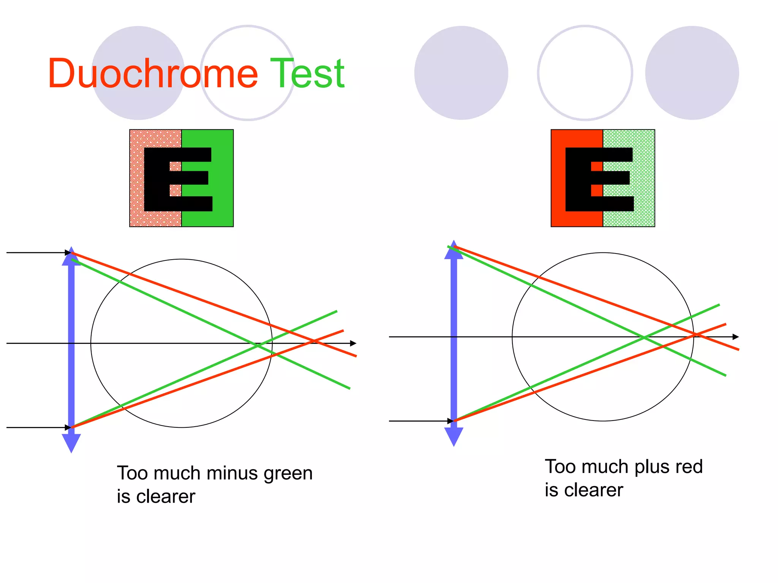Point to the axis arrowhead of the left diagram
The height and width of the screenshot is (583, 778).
[353, 343]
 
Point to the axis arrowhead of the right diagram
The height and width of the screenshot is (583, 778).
[736, 337]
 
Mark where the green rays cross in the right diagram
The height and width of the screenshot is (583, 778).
[644, 337]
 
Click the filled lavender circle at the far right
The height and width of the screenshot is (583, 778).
[692, 73]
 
